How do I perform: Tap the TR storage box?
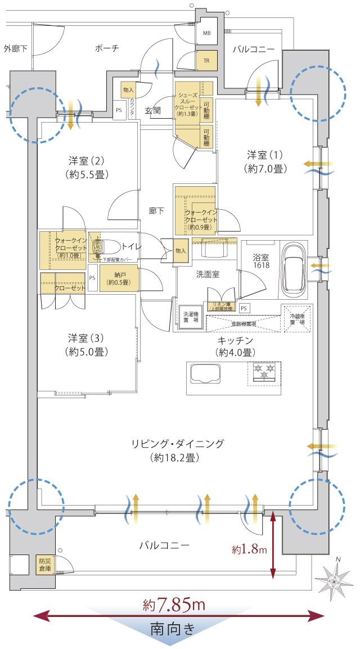tap(206, 60)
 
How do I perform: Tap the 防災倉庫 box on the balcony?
tap(45, 564)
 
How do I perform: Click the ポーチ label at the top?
tap(107, 48)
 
